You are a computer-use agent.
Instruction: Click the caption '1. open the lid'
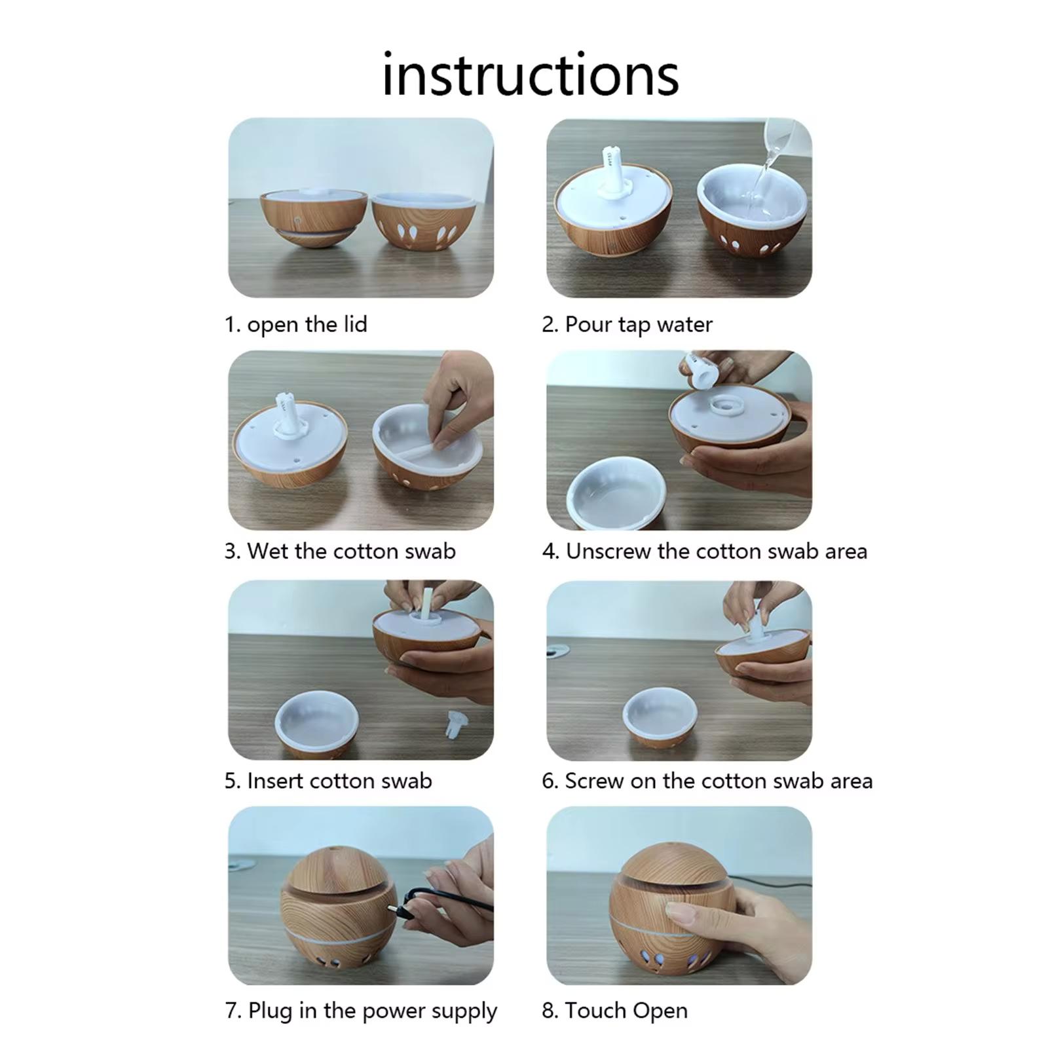pos(295,324)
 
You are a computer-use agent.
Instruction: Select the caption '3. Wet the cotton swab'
pos(340,551)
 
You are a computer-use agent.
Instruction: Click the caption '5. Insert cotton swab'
pos(328,781)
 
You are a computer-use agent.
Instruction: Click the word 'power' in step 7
pos(394,1011)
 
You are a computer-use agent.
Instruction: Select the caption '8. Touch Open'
pos(614,1011)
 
